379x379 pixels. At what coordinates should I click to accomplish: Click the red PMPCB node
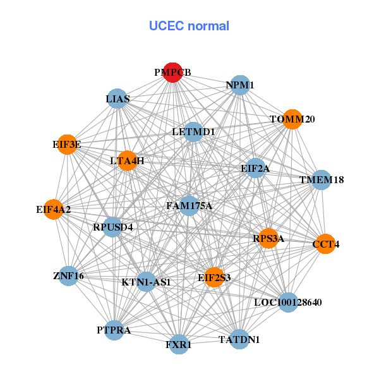click(172, 73)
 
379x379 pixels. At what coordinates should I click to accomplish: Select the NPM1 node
click(240, 85)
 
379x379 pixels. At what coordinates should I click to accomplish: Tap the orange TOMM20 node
click(292, 119)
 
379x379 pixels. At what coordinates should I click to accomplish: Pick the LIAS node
click(117, 99)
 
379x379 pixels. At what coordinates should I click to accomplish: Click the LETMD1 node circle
click(193, 132)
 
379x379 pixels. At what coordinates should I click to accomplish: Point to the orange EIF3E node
click(67, 145)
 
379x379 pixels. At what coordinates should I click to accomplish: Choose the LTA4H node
click(128, 160)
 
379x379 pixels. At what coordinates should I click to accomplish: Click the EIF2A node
click(255, 168)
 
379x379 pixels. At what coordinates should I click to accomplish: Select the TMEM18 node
click(322, 180)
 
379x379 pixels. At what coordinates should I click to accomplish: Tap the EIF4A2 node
click(54, 209)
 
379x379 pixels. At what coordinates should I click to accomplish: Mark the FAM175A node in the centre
click(189, 206)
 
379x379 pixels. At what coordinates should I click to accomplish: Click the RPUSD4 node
click(112, 227)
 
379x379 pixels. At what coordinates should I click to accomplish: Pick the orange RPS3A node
click(268, 238)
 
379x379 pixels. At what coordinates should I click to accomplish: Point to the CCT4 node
click(325, 244)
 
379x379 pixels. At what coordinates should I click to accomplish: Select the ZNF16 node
click(69, 276)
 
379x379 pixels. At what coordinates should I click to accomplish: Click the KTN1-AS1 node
click(147, 282)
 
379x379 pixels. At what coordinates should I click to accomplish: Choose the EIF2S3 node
click(214, 277)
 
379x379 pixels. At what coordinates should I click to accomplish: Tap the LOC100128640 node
click(288, 303)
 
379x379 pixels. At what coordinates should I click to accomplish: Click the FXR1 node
click(179, 344)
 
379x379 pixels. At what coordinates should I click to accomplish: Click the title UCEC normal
click(189, 26)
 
